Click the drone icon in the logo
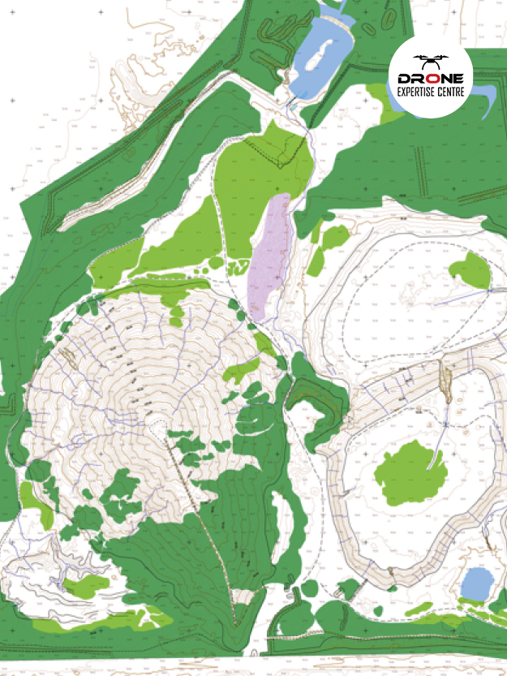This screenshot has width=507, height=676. tap(430, 61)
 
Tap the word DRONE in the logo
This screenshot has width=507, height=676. tap(430, 78)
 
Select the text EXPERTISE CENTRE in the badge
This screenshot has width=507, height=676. tap(430, 92)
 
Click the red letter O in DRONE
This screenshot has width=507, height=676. tap(431, 78)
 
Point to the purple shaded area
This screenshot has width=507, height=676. tap(271, 256)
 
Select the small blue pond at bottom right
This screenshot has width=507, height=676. tap(476, 583)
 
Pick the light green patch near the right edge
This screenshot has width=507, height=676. tap(470, 269)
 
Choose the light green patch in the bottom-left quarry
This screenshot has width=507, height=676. tap(85, 586)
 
